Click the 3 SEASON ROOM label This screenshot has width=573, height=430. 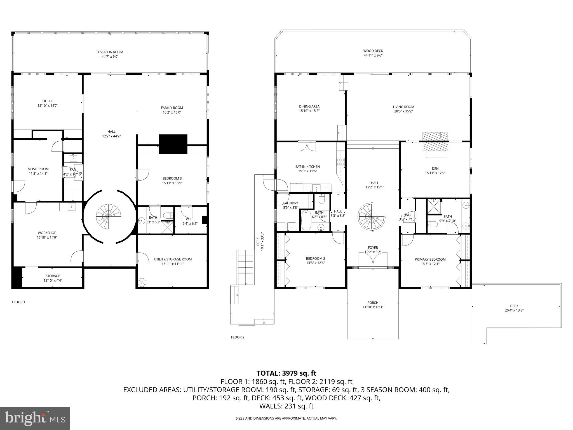(110, 52)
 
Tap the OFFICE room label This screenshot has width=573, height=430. (48, 101)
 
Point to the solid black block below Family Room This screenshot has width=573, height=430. (173, 144)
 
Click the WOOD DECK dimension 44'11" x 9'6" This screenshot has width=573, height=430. (373, 55)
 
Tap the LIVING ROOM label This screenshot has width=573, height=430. (403, 107)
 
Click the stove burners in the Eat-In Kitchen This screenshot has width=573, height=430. (341, 162)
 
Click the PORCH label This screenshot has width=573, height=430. (373, 303)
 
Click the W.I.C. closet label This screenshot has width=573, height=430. (190, 219)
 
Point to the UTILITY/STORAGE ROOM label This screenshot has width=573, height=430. (173, 259)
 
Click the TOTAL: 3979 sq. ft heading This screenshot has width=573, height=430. (286, 373)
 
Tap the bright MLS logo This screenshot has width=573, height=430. (35, 418)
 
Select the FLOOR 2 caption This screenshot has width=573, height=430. (238, 337)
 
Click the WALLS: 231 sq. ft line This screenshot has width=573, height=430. (286, 406)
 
